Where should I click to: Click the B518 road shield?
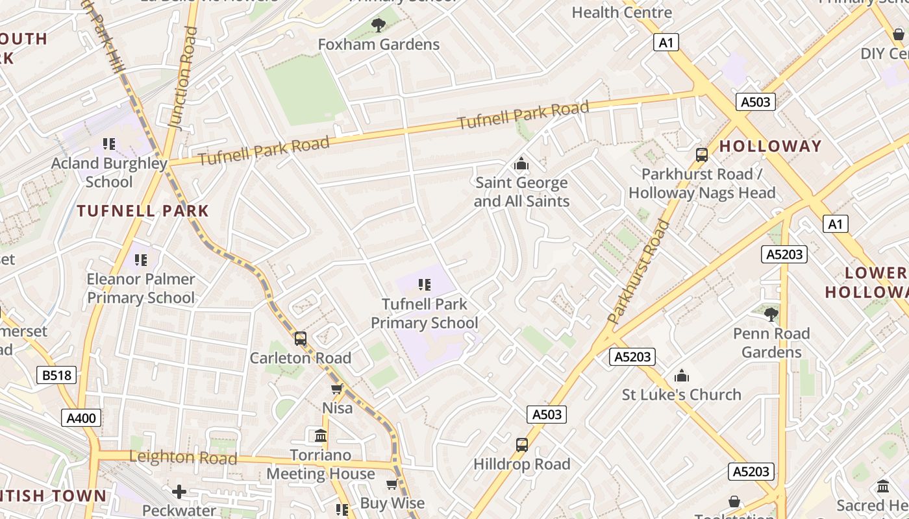click(x=57, y=375)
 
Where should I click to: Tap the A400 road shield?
click(x=82, y=418)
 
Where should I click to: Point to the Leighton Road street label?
click(x=183, y=457)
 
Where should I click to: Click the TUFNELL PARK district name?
click(x=143, y=211)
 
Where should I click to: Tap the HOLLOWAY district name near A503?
click(x=770, y=146)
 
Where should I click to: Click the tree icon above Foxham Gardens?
click(x=378, y=25)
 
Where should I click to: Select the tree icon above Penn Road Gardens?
click(x=771, y=315)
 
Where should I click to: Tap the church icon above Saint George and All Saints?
click(x=521, y=164)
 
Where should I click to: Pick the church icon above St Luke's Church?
click(x=681, y=376)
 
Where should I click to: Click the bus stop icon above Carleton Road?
click(x=300, y=339)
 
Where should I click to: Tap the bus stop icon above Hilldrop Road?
click(x=521, y=445)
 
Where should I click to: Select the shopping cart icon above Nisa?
click(x=337, y=389)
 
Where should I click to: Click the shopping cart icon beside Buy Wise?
click(x=392, y=485)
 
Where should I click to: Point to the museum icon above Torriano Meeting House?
click(x=320, y=435)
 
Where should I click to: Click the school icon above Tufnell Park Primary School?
click(x=425, y=284)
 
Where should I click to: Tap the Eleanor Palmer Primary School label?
click(x=141, y=288)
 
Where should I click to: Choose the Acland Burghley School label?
click(x=109, y=172)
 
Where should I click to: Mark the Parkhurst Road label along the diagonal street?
click(x=639, y=272)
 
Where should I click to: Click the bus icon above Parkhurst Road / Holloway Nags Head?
click(x=701, y=155)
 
